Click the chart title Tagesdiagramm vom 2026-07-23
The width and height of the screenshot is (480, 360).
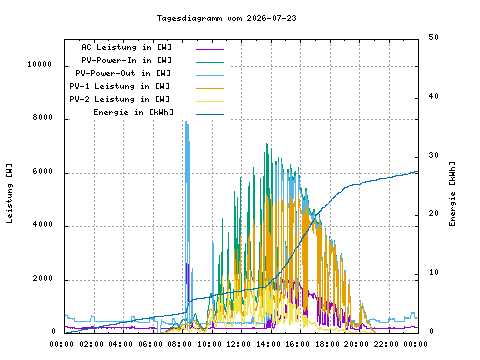(x=227, y=18)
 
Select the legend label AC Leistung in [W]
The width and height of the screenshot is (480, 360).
(x=127, y=47)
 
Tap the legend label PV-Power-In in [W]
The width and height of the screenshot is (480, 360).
(x=127, y=60)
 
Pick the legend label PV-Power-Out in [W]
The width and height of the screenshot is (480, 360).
(x=123, y=73)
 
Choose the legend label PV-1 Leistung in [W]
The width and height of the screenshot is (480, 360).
(x=120, y=86)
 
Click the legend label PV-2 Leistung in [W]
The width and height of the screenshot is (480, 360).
(x=120, y=99)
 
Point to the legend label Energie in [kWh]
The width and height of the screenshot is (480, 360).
(x=134, y=112)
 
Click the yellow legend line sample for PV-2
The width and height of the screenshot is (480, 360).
(x=210, y=101)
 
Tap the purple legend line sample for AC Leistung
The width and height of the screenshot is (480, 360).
(x=210, y=49)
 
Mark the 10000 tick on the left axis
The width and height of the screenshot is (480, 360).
(x=40, y=64)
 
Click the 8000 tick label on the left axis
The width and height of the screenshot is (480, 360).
(x=43, y=117)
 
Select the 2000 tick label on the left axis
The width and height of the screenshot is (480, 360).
(x=43, y=278)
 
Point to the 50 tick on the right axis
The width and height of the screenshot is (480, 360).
(x=433, y=37)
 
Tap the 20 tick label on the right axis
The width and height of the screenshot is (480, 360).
(x=433, y=213)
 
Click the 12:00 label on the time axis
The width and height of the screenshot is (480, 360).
(x=239, y=344)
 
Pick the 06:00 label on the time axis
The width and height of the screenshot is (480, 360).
(x=150, y=344)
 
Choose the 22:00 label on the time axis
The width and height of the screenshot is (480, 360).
(x=386, y=344)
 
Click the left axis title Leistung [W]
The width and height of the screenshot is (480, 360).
(x=9, y=193)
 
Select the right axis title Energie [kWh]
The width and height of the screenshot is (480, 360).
(x=452, y=194)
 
